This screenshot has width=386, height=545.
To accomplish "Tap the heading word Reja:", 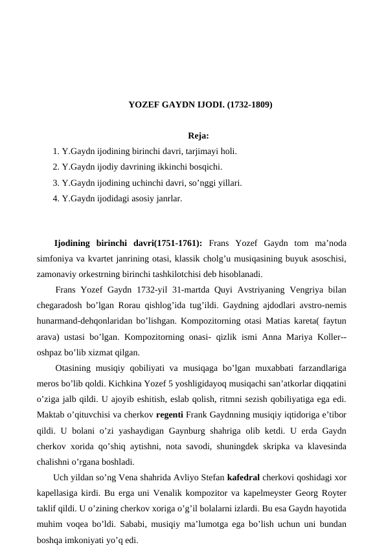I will [x=198, y=136].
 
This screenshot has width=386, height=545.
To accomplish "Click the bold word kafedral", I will [x=245, y=478].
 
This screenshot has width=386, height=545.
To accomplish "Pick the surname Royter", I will [x=331, y=493].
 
